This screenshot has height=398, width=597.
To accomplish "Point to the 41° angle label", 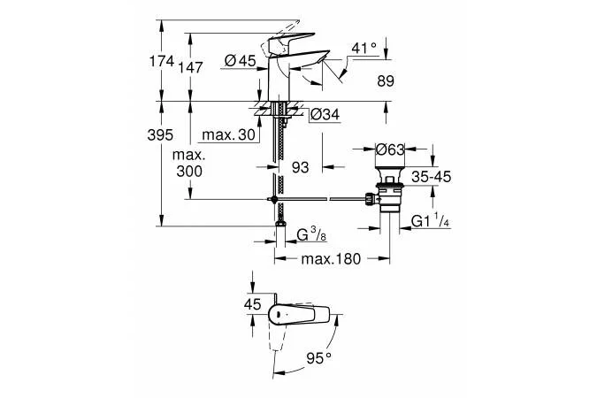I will (364, 47).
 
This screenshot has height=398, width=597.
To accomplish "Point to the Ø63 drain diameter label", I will (390, 149).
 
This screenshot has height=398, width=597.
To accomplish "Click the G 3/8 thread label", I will (314, 235).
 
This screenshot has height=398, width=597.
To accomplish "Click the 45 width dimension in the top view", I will (253, 305).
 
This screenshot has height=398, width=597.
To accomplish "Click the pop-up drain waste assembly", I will (388, 190).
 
